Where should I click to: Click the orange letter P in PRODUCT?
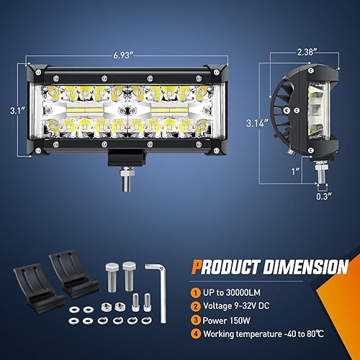(197, 267)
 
